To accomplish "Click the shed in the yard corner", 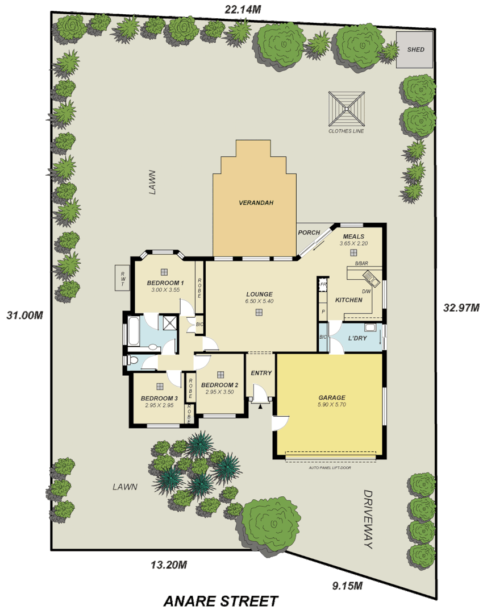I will [x=415, y=49].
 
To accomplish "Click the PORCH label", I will [x=309, y=233].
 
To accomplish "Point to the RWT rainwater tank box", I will [x=123, y=278].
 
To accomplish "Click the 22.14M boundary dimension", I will [x=243, y=9].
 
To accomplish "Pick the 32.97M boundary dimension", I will [x=461, y=308].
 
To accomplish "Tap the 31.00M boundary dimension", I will [x=24, y=315].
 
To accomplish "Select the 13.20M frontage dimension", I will [x=169, y=565].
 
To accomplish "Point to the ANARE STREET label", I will [x=221, y=600].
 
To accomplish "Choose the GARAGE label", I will [x=332, y=397].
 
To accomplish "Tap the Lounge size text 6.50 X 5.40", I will [x=259, y=301].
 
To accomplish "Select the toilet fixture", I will [x=132, y=359].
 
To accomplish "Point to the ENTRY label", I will [x=261, y=373].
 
